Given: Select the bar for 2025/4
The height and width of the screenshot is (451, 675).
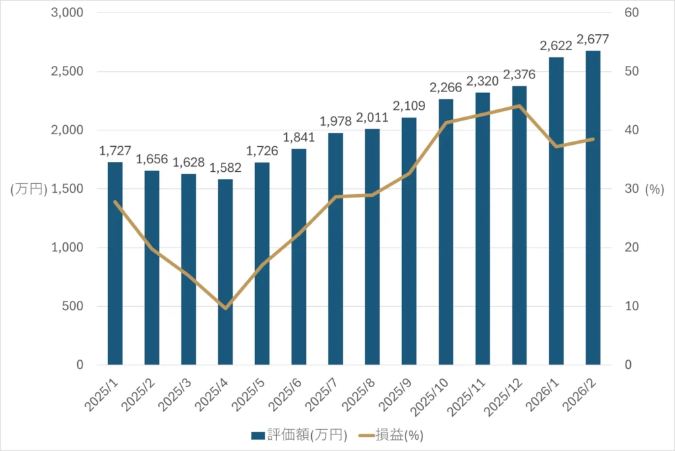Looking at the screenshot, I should click(225, 272).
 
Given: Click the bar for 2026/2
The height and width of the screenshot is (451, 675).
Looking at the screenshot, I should click(593, 207).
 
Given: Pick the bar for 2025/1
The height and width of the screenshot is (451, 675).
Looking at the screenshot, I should click(115, 263).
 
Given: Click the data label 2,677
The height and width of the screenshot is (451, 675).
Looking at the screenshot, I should click(593, 39).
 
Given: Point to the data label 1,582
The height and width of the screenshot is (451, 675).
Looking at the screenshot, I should click(225, 167).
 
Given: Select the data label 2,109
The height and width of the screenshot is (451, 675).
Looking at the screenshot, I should click(409, 106).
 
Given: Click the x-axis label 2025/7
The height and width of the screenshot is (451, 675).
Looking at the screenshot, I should click(326, 393).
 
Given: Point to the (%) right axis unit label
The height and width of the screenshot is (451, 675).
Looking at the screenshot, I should click(654, 189).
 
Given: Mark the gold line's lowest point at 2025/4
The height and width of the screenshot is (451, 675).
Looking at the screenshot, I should click(225, 307).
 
